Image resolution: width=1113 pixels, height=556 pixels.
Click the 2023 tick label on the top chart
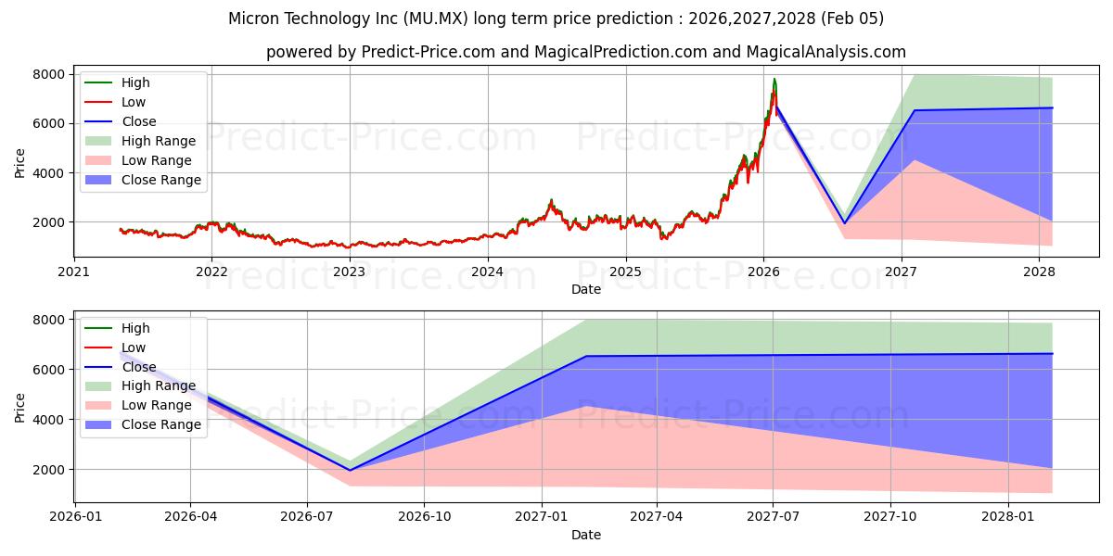349,272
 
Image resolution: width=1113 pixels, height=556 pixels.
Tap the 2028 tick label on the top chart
1039,272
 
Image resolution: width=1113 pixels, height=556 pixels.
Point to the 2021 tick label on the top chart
74,272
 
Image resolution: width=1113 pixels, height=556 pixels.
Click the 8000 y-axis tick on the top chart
49,74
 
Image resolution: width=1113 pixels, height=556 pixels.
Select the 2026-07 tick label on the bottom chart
307,517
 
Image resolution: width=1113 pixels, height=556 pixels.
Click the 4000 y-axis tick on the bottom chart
49,420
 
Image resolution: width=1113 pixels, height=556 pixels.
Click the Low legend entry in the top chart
134,102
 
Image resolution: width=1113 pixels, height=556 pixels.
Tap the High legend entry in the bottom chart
135,328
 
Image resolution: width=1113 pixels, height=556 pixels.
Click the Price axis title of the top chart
19,162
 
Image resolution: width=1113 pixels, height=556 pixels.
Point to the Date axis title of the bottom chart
585,535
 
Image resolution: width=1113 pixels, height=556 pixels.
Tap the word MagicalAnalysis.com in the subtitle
825,52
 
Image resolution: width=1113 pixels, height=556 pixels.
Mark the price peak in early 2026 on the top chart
774,80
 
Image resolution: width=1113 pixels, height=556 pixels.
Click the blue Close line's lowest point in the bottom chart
350,470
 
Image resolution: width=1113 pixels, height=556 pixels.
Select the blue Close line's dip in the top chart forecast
844,223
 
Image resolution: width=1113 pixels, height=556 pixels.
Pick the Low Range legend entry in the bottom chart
157,405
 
